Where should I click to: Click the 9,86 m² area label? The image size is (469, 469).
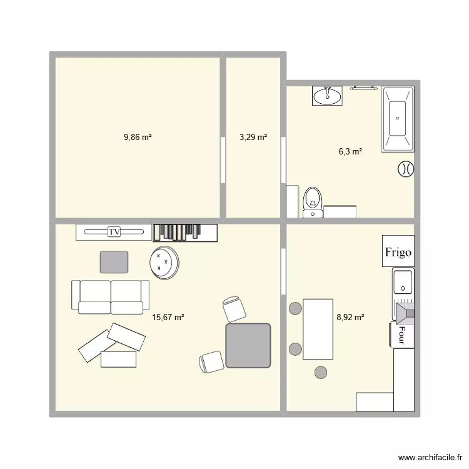(138, 136)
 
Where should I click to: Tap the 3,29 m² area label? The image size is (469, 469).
(253, 136)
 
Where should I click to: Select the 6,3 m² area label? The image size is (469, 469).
(350, 151)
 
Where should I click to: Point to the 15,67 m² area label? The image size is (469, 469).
(168, 317)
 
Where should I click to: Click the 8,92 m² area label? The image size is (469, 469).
(350, 317)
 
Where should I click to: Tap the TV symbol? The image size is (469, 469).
(114, 232)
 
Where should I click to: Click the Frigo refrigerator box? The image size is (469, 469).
(398, 252)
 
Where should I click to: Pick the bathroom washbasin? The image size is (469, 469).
(327, 96)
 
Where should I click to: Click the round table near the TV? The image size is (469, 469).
(165, 263)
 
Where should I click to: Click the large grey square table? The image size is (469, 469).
(248, 345)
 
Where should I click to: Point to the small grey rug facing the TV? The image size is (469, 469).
(114, 262)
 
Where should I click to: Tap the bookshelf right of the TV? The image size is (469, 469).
(185, 232)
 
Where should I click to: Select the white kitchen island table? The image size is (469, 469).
(318, 328)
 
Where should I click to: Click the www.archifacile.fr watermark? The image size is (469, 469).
(428, 458)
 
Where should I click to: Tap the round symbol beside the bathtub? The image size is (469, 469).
(405, 169)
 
